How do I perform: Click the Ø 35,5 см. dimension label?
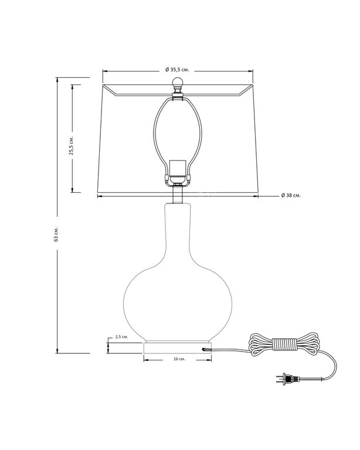[177, 70]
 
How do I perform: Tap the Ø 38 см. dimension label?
[291, 196]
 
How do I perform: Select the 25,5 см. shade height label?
[72, 145]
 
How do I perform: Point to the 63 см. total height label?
[56, 234]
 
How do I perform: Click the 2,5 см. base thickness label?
[121, 337]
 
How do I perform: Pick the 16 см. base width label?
[179, 359]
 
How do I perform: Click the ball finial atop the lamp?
[178, 83]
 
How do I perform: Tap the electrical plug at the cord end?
[288, 380]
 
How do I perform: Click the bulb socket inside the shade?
[178, 172]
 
